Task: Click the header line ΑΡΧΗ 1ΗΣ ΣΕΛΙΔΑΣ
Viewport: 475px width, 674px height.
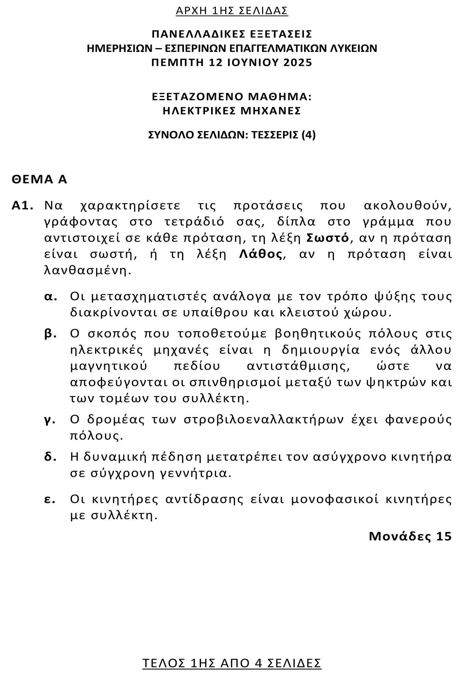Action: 232,11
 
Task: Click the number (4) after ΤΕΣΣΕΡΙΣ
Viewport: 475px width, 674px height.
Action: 308,135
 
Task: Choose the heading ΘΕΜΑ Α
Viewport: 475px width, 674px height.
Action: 39,180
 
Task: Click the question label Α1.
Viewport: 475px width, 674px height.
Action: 22,206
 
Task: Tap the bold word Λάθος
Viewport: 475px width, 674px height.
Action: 260,254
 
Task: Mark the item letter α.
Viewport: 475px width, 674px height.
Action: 50,296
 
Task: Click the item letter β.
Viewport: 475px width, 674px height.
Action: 50,333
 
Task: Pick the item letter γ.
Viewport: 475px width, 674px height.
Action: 50,419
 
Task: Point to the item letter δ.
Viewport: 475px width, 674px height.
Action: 50,457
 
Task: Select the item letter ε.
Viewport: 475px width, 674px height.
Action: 50,499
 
